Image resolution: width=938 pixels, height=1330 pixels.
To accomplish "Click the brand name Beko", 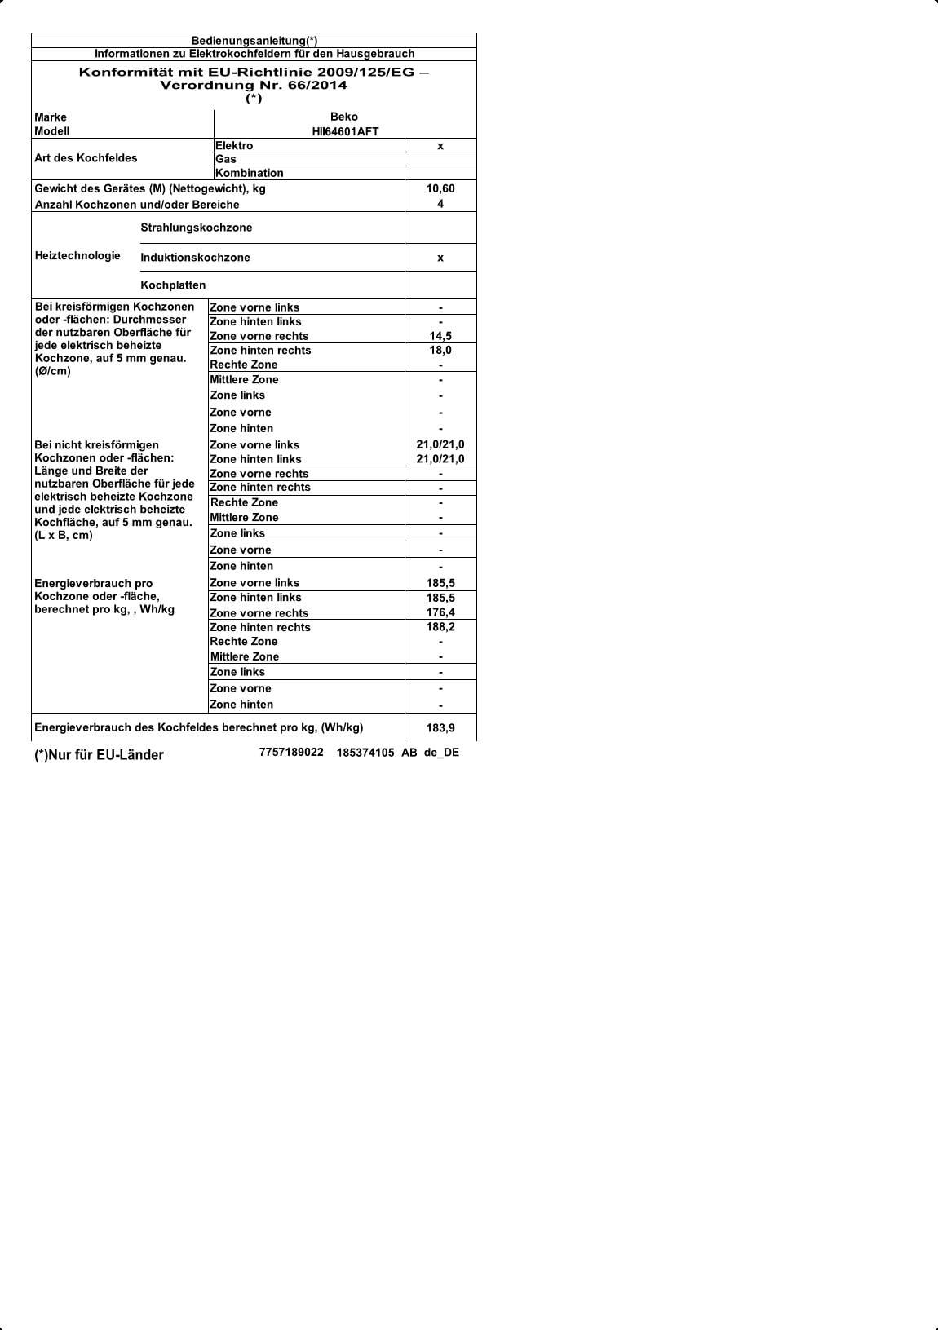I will coord(343,117).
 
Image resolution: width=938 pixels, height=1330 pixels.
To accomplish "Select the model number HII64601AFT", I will coord(345,131).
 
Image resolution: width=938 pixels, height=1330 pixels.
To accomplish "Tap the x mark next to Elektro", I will coord(440,146).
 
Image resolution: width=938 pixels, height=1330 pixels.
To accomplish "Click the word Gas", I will coord(226,159).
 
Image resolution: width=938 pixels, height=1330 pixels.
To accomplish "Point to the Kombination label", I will coord(250,173).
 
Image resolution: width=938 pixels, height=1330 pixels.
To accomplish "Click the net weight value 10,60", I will coord(440,188).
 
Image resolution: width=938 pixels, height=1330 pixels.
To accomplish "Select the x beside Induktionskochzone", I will coord(440,258).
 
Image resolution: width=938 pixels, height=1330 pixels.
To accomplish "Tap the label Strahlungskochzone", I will coord(197,228).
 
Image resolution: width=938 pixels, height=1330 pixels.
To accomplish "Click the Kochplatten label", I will coord(173,285).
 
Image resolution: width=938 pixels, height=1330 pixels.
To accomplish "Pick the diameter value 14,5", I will coord(440,336).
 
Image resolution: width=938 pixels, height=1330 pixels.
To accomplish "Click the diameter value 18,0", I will coord(440,350).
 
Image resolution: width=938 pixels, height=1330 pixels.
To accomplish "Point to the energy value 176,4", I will coord(440,612).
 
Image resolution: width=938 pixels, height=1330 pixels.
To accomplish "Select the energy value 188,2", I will coord(440,627).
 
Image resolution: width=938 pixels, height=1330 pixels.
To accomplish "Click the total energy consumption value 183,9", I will coord(440,727).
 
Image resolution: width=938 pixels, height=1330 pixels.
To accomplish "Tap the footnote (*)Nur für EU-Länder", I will coord(99,755).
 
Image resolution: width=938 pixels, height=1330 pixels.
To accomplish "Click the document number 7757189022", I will coord(291,753).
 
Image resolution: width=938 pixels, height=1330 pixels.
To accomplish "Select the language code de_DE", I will coord(441,753).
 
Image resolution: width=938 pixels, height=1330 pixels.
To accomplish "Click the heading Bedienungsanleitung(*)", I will coord(254,41).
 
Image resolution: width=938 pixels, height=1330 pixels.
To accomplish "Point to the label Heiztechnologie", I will coord(77,256).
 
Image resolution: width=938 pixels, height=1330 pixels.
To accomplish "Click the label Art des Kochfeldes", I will coord(86,158).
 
